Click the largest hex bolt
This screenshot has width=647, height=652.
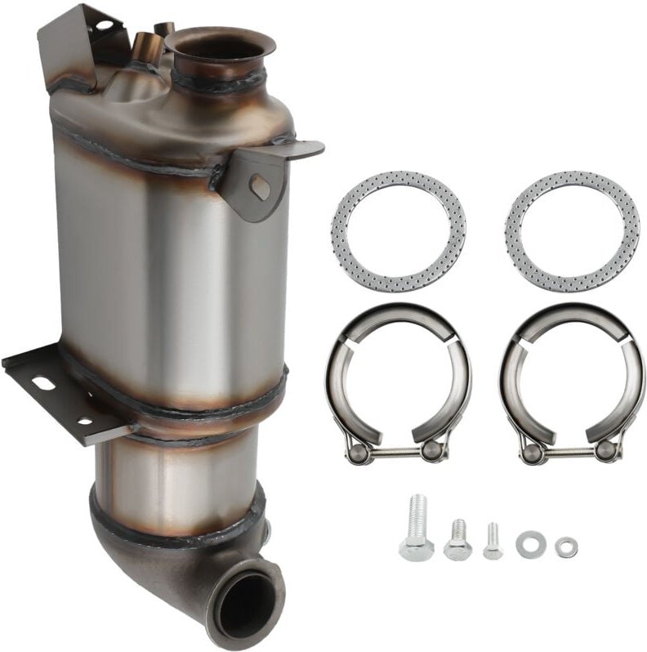point(417,528)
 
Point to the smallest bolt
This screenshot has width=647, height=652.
point(492,542)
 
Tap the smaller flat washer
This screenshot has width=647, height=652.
point(565,547)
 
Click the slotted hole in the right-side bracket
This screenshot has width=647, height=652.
point(260,187)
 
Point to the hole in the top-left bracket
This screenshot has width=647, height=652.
point(104,26)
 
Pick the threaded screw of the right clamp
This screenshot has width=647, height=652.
point(572,450)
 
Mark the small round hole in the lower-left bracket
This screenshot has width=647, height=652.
point(84,421)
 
